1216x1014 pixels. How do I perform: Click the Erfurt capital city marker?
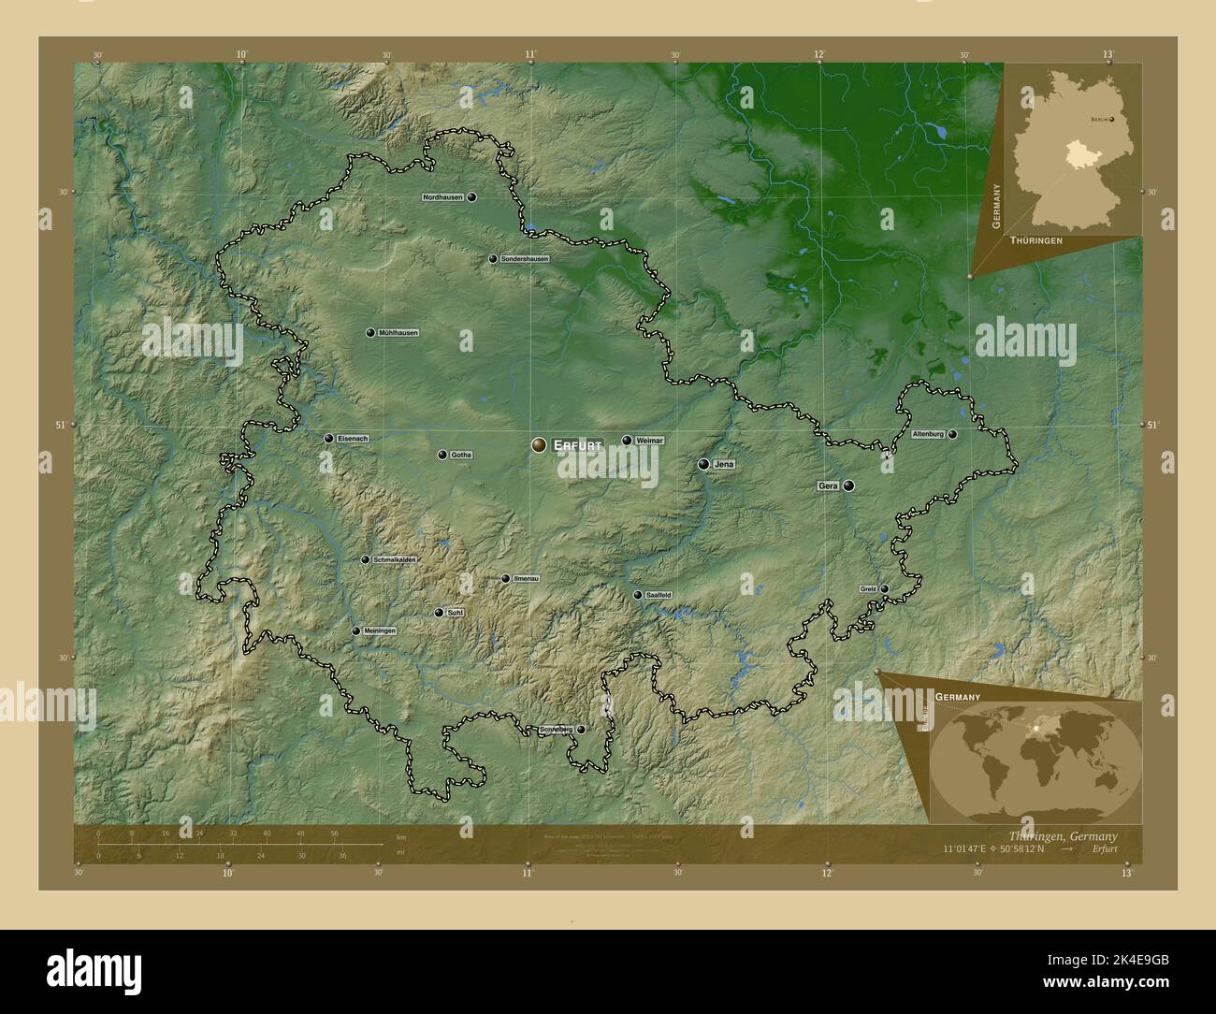(540, 446)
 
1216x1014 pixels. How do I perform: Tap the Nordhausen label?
(443, 197)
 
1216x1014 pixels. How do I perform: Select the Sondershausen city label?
(524, 259)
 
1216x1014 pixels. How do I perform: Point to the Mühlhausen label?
(398, 333)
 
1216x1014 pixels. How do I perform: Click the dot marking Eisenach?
(328, 439)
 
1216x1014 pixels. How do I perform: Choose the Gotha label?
(461, 456)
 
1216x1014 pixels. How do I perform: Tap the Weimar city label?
(649, 441)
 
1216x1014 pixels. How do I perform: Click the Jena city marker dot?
(703, 464)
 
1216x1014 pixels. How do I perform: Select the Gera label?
(828, 486)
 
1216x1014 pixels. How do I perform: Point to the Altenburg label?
(928, 435)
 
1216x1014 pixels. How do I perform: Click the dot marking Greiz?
(884, 589)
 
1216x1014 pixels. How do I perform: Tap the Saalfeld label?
(659, 595)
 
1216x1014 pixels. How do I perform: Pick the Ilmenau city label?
(527, 579)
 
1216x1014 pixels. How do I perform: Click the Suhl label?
(456, 613)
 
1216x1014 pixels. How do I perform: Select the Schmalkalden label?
(394, 560)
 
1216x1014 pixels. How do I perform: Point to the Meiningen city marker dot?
(355, 631)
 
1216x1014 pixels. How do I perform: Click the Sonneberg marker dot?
(581, 730)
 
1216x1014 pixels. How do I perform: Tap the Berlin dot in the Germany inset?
(1112, 120)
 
